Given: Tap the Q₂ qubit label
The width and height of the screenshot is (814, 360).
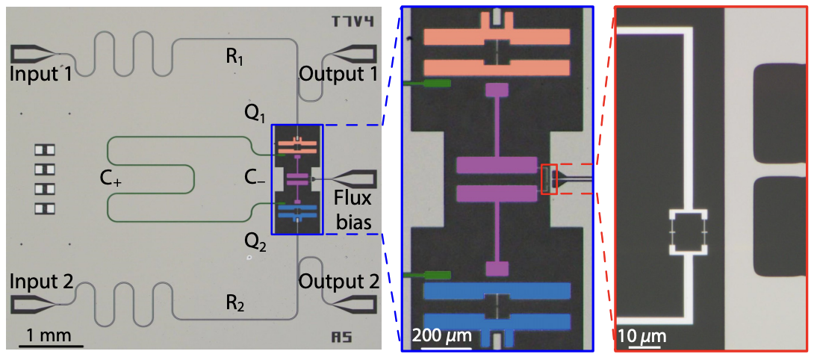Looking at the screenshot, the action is [x=255, y=241].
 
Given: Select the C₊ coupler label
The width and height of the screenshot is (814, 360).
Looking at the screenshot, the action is [x=111, y=180].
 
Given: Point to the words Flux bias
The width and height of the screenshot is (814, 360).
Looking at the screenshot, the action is [x=352, y=211].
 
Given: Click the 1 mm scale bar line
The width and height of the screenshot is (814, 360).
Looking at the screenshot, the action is [x=52, y=345].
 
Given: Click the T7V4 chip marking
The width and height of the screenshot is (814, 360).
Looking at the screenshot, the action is [x=353, y=22].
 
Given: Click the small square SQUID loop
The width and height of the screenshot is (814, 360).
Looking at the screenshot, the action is [x=689, y=232].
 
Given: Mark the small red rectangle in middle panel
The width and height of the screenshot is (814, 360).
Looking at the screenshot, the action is [x=549, y=179].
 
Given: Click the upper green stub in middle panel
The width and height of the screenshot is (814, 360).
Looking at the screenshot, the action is [x=427, y=83].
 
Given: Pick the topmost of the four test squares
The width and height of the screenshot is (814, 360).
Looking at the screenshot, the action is [x=45, y=150].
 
